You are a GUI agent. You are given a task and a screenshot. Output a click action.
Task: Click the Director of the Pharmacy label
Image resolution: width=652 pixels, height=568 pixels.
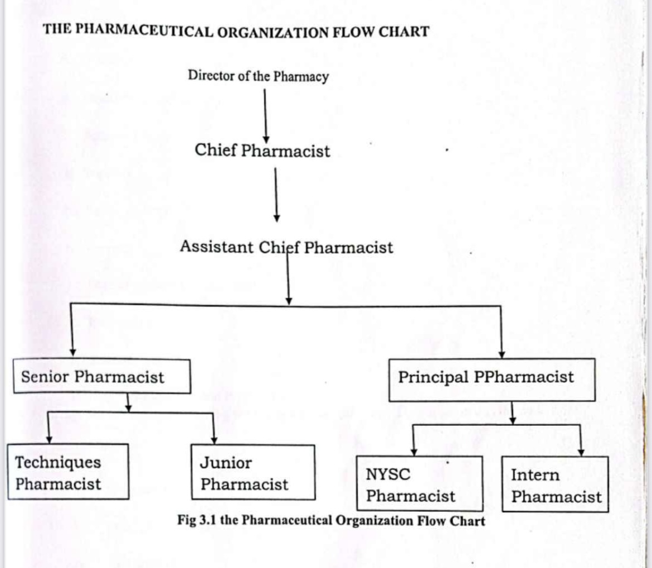click(258, 76)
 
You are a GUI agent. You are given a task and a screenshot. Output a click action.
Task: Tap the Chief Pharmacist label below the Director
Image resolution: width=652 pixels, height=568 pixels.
click(262, 151)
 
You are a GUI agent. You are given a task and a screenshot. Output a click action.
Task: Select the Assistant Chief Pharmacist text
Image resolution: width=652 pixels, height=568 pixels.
click(286, 247)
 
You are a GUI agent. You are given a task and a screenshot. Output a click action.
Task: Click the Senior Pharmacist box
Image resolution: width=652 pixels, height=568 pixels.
click(101, 376)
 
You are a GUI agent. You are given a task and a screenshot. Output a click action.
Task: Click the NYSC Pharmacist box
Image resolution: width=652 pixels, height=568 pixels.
click(419, 483)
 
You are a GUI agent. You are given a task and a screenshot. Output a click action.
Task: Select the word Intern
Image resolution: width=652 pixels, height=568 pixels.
click(535, 475)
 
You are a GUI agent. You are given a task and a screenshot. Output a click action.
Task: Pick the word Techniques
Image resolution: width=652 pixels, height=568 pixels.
click(59, 462)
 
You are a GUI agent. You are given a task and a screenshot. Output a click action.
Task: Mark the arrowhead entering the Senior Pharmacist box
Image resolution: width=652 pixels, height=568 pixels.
click(72, 353)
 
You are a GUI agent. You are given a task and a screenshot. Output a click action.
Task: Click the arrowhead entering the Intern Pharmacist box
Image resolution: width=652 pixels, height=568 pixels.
click(581, 452)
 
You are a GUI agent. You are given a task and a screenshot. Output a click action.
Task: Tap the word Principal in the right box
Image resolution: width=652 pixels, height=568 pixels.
click(433, 377)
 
